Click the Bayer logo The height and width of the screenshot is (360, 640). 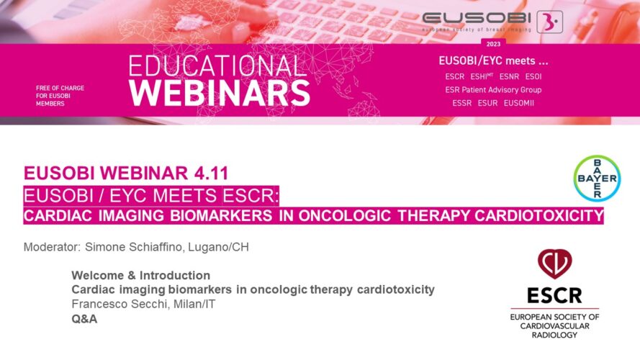[597, 179]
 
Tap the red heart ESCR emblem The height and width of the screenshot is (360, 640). [555, 264]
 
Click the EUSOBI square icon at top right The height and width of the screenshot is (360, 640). [549, 22]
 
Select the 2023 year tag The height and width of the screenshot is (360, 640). [493, 44]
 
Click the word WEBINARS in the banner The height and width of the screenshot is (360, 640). [220, 93]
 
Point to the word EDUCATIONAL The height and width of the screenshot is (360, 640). [217, 66]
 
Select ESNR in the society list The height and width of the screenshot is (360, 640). [509, 76]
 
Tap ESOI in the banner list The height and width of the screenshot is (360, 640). [533, 76]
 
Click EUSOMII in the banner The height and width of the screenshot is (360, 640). [519, 103]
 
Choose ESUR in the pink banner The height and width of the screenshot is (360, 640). [488, 103]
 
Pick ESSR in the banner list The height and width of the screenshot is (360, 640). [461, 103]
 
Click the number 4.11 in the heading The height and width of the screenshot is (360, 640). [211, 173]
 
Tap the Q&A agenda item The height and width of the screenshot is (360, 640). [84, 319]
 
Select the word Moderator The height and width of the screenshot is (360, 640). [52, 247]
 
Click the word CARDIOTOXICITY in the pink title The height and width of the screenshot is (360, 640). [538, 215]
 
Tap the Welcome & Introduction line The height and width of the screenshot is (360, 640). [141, 275]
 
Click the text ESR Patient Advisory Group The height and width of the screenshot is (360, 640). [493, 90]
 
